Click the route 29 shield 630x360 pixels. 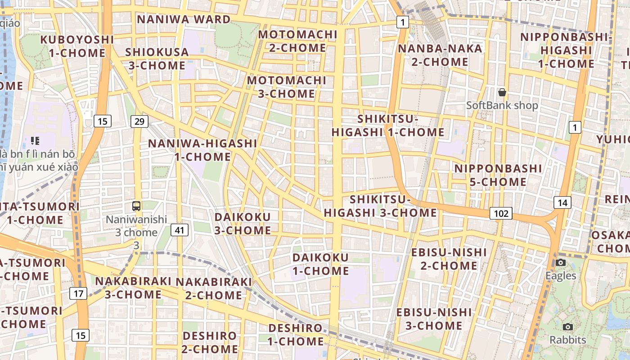click(139, 121)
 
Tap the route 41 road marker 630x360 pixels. click(180, 230)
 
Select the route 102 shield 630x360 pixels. click(501, 213)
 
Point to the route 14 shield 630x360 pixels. click(562, 202)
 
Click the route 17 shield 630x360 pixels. click(78, 294)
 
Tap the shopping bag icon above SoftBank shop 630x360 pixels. click(502, 92)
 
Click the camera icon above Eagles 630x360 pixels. click(561, 262)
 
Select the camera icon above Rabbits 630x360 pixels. click(568, 327)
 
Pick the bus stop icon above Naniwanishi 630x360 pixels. click(136, 206)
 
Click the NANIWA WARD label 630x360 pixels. click(184, 19)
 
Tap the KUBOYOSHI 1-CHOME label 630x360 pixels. click(77, 46)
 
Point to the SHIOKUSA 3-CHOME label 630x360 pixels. click(157, 58)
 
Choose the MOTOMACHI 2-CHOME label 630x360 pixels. click(298, 41)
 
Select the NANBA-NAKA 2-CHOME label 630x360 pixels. click(440, 55)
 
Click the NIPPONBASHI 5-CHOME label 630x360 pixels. click(498, 175)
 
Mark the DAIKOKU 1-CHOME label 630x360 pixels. click(320, 264)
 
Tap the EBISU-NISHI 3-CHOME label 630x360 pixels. click(434, 319)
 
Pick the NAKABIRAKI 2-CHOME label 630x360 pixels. click(214, 288)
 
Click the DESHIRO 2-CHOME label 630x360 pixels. click(210, 342)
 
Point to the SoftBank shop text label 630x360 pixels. click(502, 106)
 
